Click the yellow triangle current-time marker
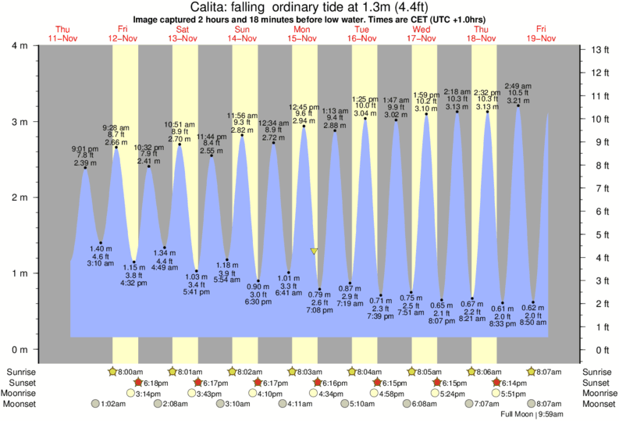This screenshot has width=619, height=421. point(314,251)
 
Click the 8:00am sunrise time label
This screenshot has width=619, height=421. point(130,372)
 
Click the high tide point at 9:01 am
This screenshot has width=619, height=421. point(84,168)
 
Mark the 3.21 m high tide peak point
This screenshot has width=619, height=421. point(518,106)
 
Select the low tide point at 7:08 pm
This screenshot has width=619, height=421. point(319,290)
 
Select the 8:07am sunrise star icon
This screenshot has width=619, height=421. point(532,372)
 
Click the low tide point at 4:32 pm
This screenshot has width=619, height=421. point(134,262)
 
